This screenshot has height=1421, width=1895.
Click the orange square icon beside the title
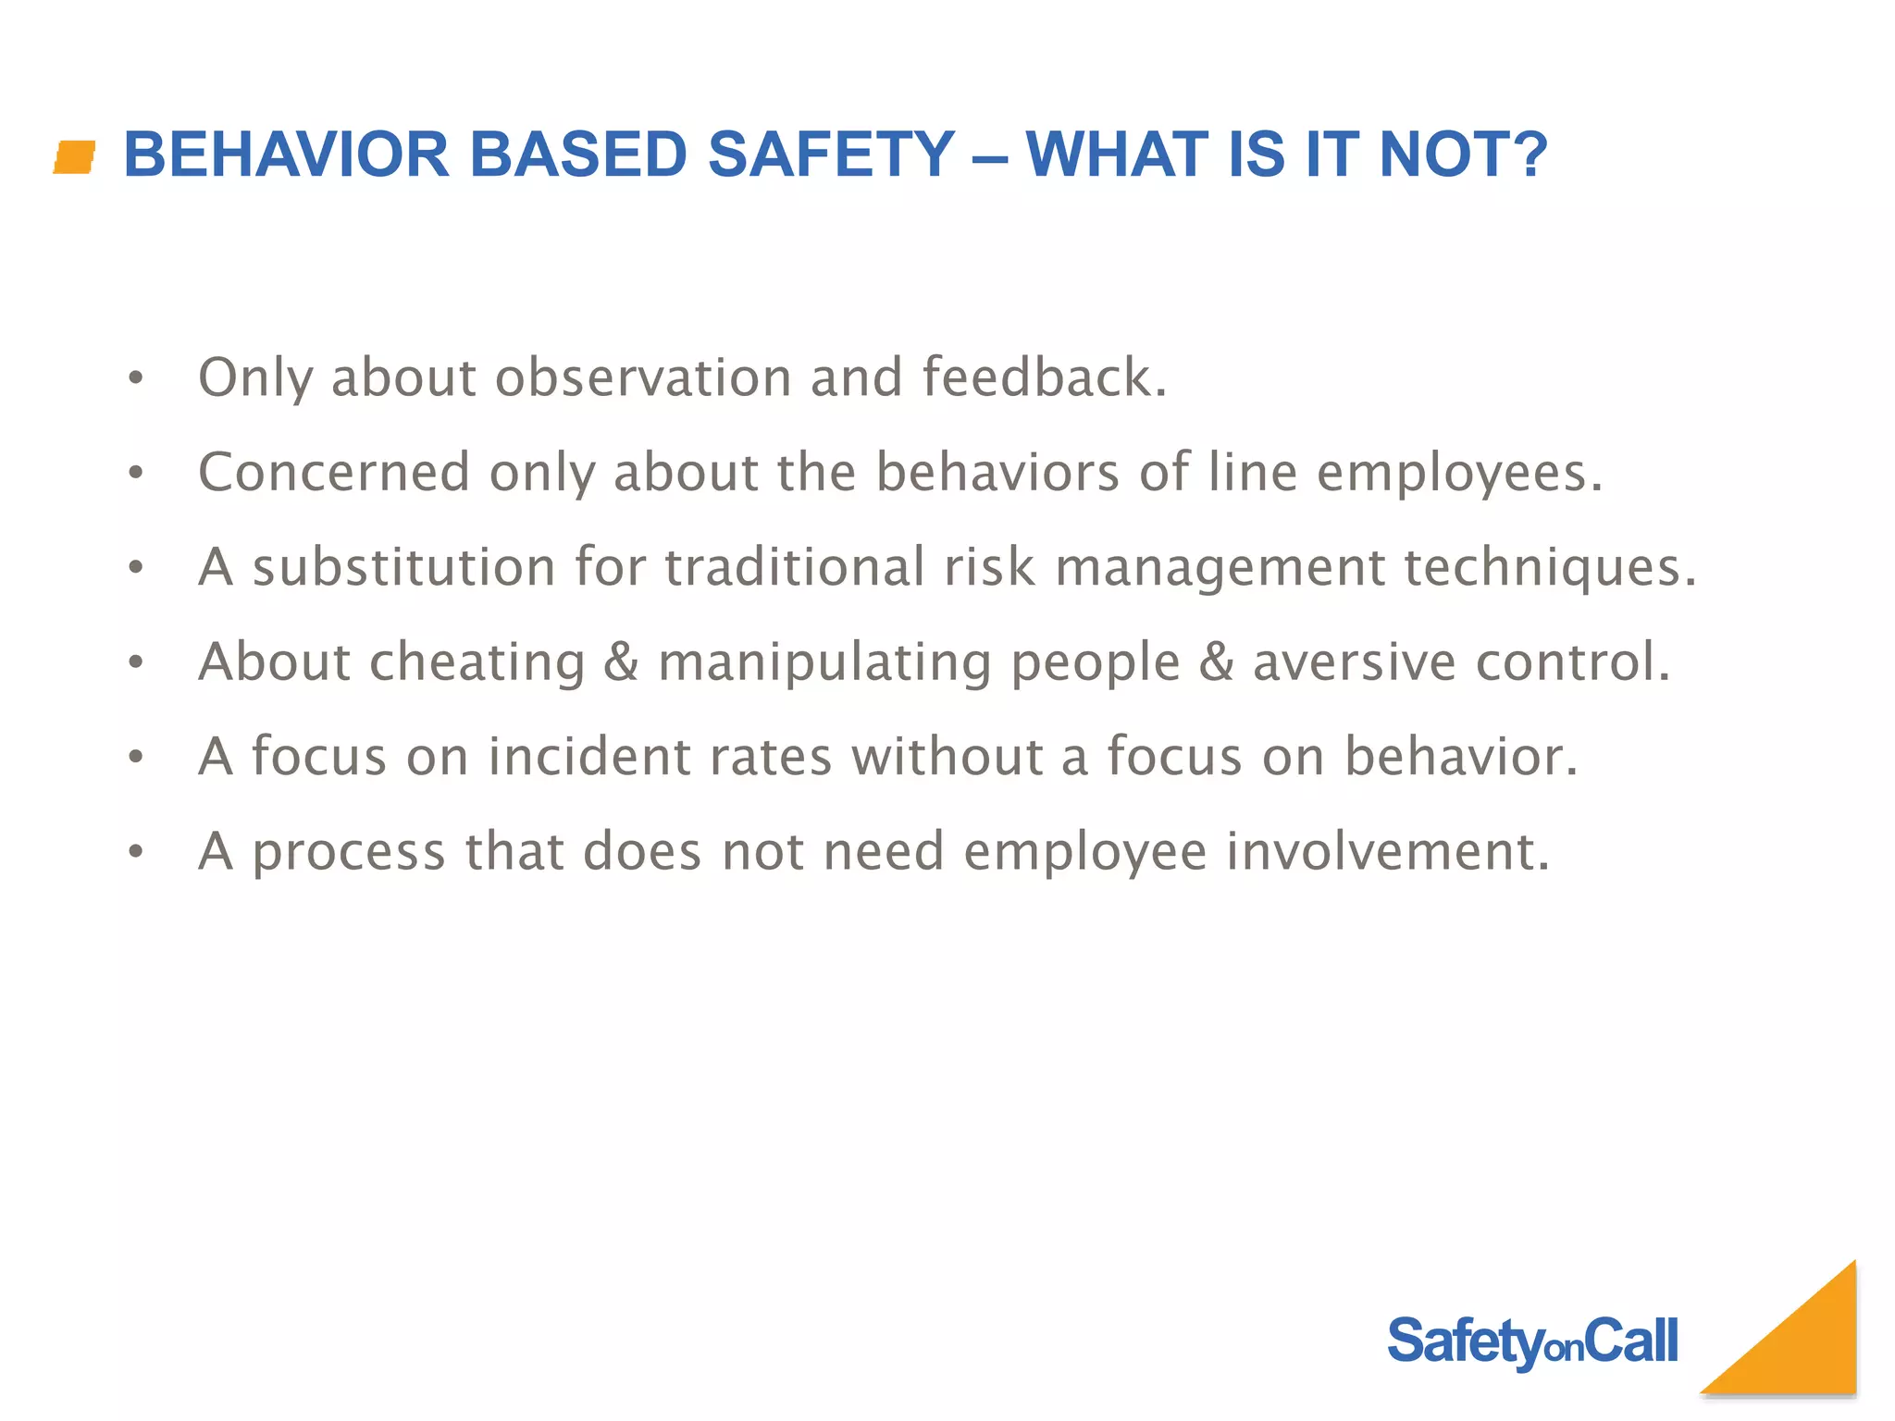point(75,156)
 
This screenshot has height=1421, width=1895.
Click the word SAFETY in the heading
point(830,154)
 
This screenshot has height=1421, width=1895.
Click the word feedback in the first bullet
point(1036,377)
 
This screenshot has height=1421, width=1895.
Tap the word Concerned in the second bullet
point(334,473)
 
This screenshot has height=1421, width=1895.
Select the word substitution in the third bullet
point(403,567)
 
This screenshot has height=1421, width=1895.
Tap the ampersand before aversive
point(1216,662)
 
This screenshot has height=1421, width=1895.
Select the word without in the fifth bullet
point(947,757)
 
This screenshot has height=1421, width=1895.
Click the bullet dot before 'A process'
point(136,852)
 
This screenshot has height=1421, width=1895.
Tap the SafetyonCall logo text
point(1531,1342)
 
